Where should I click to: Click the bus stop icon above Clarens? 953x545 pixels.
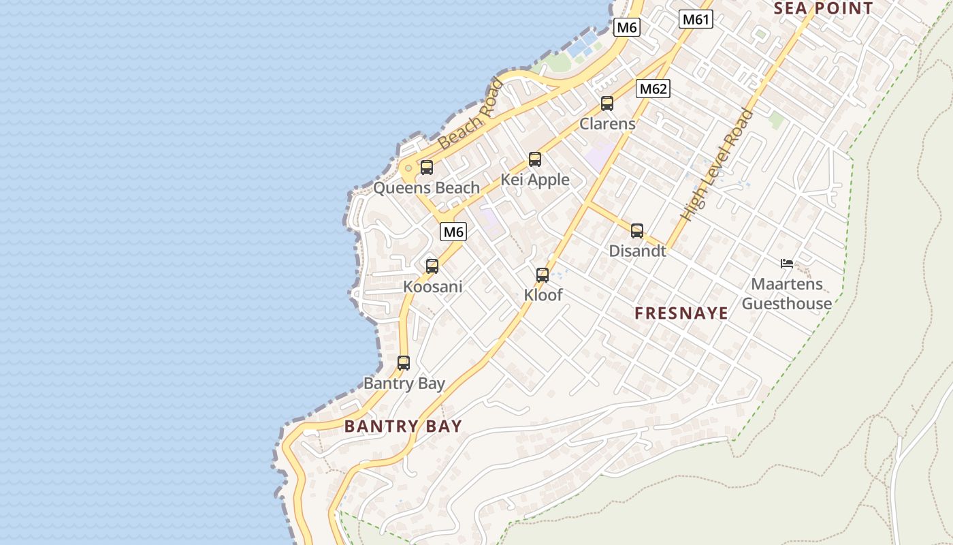[607, 104]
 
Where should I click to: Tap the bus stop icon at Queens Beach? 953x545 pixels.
[427, 167]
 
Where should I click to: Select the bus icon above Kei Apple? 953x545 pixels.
[535, 159]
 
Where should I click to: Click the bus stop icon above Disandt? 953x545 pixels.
[637, 230]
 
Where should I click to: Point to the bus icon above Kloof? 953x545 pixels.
[543, 275]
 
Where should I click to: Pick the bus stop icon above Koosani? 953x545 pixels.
[432, 266]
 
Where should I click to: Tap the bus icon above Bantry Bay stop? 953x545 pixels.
[404, 362]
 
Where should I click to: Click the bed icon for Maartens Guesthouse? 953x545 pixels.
[787, 263]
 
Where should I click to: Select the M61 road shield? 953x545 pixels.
[696, 19]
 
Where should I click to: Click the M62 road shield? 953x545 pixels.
[653, 89]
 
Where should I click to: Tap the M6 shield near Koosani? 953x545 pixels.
[453, 232]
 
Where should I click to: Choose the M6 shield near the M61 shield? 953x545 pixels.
[626, 27]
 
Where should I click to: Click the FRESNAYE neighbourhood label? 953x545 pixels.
[681, 313]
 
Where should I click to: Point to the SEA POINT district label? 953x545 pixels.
[824, 8]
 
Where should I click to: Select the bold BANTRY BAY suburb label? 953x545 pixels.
[403, 426]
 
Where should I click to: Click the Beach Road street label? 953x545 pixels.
[471, 114]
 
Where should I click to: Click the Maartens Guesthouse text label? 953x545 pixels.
[787, 294]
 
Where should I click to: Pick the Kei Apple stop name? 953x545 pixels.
[535, 180]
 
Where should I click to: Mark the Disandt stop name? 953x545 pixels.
[637, 251]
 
